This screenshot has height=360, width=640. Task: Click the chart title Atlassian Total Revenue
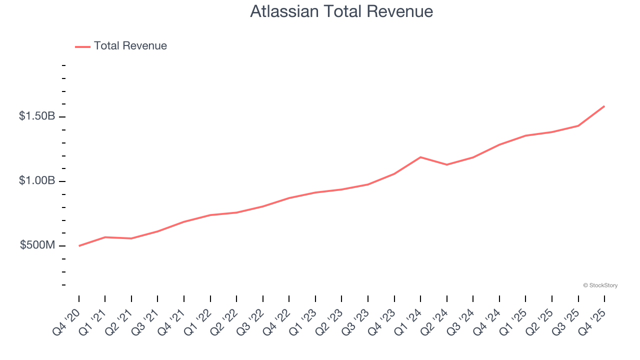click(x=341, y=11)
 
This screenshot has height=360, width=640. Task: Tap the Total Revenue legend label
click(x=130, y=46)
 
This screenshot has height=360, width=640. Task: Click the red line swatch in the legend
click(x=82, y=46)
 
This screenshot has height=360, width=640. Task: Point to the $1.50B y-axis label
click(x=37, y=116)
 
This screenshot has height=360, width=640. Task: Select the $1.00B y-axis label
click(x=37, y=181)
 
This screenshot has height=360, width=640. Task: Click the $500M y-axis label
click(x=37, y=245)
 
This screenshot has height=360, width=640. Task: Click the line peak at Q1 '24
click(x=420, y=157)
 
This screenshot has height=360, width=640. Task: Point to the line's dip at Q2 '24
click(x=446, y=164)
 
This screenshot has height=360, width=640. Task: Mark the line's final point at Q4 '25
click(x=604, y=106)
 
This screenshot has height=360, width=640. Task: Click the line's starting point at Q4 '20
click(x=79, y=246)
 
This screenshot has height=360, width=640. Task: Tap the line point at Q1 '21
click(x=105, y=237)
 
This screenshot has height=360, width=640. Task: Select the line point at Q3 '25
click(x=578, y=125)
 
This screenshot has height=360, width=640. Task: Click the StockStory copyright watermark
click(x=600, y=285)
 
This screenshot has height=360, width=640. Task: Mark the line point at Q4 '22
click(x=289, y=198)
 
